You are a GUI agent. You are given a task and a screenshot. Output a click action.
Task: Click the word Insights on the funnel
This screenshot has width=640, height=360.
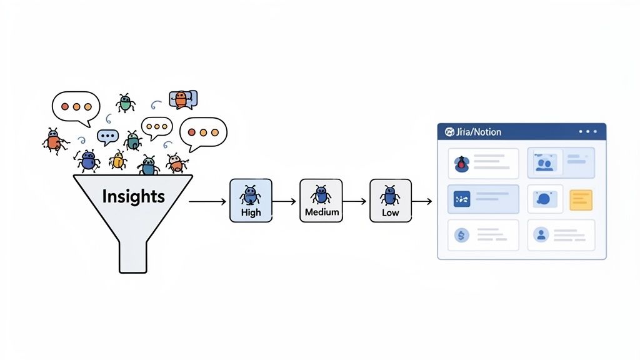tap(133, 196)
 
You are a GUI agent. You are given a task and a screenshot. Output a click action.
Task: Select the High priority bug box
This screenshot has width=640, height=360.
tap(251, 200)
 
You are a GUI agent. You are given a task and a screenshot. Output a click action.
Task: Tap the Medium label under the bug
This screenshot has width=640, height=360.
tap(321, 212)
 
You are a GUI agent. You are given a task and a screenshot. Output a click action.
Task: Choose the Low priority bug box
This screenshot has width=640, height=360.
tap(391, 200)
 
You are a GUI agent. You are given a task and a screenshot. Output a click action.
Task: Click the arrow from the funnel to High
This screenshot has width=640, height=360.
tap(208, 201)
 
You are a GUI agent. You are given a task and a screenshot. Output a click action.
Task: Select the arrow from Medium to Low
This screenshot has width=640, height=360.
tap(356, 201)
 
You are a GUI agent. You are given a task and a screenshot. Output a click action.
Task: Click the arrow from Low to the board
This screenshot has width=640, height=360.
tap(422, 201)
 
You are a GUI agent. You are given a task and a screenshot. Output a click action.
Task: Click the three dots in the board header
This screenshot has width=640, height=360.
tap(588, 132)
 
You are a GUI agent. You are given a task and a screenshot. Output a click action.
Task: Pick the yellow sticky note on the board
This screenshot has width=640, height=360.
tap(581, 199)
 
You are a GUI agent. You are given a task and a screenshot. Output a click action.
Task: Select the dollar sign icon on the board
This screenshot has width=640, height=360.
tap(461, 235)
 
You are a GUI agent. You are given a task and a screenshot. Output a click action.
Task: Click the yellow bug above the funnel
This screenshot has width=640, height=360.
tap(117, 161)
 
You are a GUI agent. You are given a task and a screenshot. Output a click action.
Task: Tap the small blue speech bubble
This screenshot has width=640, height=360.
tap(107, 136)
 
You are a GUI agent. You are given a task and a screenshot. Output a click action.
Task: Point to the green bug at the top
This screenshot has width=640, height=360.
tap(126, 103)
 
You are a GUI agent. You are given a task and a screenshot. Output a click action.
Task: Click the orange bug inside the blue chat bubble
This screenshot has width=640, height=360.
tap(181, 99)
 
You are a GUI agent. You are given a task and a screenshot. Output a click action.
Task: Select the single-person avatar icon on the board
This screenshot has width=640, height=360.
tap(541, 235)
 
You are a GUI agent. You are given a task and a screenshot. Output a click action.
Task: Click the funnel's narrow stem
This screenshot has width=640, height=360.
tap(133, 253)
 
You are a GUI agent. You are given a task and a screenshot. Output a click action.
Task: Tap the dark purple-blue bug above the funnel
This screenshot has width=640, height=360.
tap(88, 161)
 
